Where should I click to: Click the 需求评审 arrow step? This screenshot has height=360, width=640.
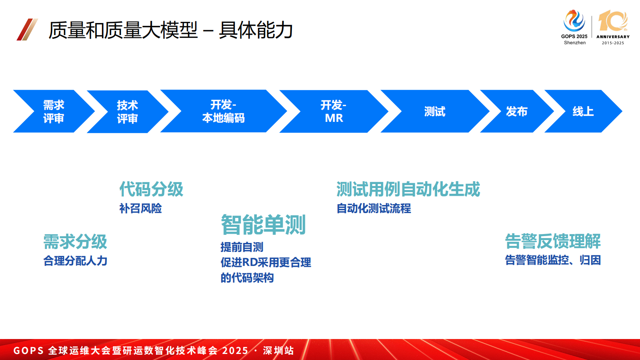pos(54,111)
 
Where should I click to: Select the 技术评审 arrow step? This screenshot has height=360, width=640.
pos(127,112)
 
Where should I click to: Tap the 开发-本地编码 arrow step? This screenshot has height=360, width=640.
pos(223,111)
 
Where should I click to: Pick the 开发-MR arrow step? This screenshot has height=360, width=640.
pos(334,111)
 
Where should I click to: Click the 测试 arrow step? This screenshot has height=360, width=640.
pos(435,111)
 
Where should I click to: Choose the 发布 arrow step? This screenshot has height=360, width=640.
pos(517,111)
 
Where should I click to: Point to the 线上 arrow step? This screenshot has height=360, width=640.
pos(583,111)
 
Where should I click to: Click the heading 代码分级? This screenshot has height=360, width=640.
pos(151,189)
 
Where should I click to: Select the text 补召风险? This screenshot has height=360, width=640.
pos(140,208)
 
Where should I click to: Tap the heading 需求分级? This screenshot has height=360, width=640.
pos(75,242)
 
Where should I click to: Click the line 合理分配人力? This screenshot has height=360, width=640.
pos(75,261)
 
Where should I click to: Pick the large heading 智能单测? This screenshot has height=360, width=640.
pos(263,225)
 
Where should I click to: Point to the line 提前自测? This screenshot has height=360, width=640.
pos(242,247)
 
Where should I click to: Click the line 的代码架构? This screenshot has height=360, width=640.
pos(247,278)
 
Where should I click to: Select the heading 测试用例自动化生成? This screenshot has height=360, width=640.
pos(408,189)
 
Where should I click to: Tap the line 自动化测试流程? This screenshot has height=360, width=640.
pos(373,208)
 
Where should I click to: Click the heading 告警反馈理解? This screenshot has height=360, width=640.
pos(552,241)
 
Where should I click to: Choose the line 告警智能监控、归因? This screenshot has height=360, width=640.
pos(552,260)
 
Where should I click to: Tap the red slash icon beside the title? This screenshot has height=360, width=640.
pos(27,29)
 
